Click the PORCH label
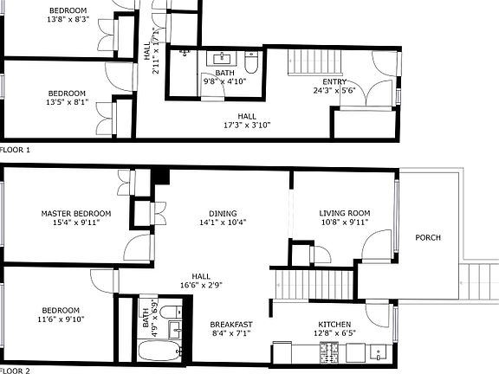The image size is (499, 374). pyautogui.click(x=428, y=237)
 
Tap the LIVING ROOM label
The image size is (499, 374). pyautogui.click(x=344, y=213)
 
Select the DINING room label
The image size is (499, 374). pyautogui.click(x=222, y=213)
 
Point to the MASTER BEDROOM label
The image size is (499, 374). pyautogui.click(x=76, y=213)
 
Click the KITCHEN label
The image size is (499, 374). pyautogui.click(x=337, y=325)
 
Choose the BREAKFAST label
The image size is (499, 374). pyautogui.click(x=231, y=325)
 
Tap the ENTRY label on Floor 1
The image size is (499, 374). pyautogui.click(x=334, y=81)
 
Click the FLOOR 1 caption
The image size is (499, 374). pyautogui.click(x=16, y=150)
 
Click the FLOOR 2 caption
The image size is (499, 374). pyautogui.click(x=16, y=371)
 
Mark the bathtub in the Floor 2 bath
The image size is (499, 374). pyautogui.click(x=159, y=351)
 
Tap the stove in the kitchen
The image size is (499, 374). pyautogui.click(x=331, y=351)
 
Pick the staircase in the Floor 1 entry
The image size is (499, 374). pyautogui.click(x=308, y=63)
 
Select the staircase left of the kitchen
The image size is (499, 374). pyautogui.click(x=314, y=282)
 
